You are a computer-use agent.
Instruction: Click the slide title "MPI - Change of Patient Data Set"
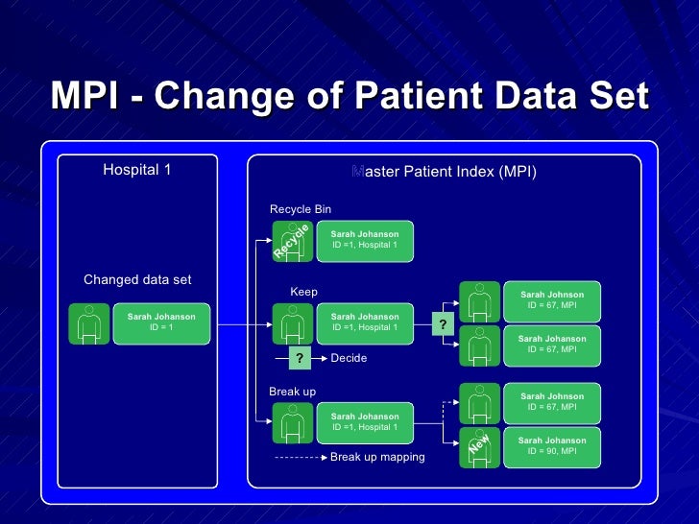[x=349, y=96]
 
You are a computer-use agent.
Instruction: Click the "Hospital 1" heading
[x=136, y=171]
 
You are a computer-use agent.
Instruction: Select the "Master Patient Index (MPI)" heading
[x=444, y=172]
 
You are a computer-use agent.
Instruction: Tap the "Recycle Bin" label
[x=301, y=209]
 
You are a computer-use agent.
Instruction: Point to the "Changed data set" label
[x=137, y=280]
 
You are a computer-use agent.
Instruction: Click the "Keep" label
[x=303, y=292]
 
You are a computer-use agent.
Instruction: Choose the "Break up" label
[x=292, y=392]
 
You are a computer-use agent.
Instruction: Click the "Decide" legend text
[x=349, y=359]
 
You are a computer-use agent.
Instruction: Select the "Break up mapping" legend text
[x=377, y=458]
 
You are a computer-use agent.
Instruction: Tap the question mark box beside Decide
[x=300, y=359]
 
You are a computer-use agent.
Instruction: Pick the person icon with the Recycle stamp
[x=292, y=241]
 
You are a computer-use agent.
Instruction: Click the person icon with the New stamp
[x=479, y=446]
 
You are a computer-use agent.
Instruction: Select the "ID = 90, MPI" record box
[x=552, y=446]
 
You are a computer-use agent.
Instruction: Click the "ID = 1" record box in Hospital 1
[x=161, y=322]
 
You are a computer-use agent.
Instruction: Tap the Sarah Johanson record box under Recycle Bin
[x=365, y=240]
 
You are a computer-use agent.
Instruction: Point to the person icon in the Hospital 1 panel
[x=89, y=322]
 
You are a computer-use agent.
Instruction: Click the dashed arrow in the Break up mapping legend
[x=300, y=458]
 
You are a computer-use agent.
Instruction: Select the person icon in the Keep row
[x=292, y=322]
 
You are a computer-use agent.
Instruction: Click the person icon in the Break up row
[x=292, y=422]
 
